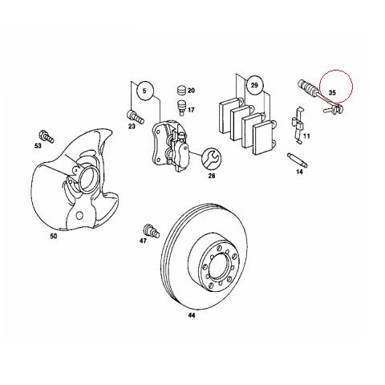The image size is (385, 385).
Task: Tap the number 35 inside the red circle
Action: (x=332, y=92)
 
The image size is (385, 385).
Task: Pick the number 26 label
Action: (x=212, y=176)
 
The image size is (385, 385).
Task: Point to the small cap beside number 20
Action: (x=180, y=89)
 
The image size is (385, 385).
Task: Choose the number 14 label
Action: (x=300, y=172)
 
